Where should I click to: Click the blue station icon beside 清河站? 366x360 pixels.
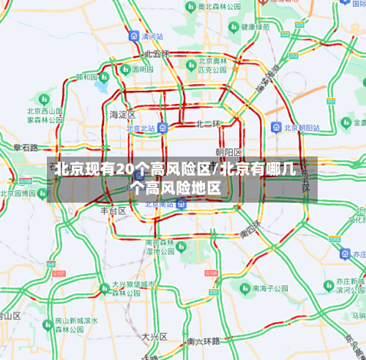coord(133,36)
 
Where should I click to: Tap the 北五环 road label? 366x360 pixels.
coord(157,54)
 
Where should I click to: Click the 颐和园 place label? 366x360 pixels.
coord(86,77)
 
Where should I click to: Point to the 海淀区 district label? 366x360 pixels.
coord(122,115)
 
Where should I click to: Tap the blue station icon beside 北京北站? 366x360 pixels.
coord(163,127)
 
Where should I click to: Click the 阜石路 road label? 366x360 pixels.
coord(25,148)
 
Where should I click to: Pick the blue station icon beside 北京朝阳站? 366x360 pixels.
coord(275,127)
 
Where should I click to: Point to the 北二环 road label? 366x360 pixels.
coord(208,124)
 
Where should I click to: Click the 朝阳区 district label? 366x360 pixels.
coord(229,151)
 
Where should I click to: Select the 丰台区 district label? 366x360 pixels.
coord(113,210)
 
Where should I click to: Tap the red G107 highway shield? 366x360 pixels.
coord(59,274)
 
